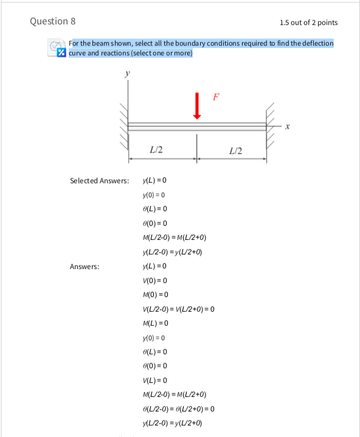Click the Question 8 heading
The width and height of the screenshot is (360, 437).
(x=53, y=21)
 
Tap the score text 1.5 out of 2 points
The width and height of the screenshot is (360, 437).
(x=308, y=23)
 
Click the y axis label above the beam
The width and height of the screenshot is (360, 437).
(x=127, y=75)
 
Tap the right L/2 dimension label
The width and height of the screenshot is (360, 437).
(x=236, y=150)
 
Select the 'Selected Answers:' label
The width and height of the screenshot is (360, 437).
(x=99, y=181)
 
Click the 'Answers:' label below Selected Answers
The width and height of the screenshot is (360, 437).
(x=85, y=266)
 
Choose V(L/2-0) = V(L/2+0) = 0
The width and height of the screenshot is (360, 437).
(x=178, y=309)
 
